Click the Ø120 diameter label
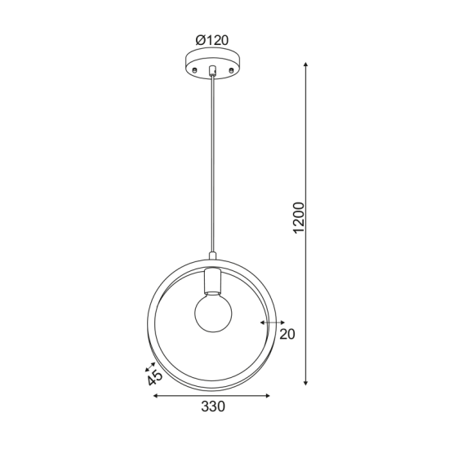[212, 38]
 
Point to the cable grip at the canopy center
[212, 71]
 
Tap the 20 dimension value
[286, 333]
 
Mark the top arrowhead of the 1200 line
[306, 64]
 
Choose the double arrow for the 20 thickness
[268, 322]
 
